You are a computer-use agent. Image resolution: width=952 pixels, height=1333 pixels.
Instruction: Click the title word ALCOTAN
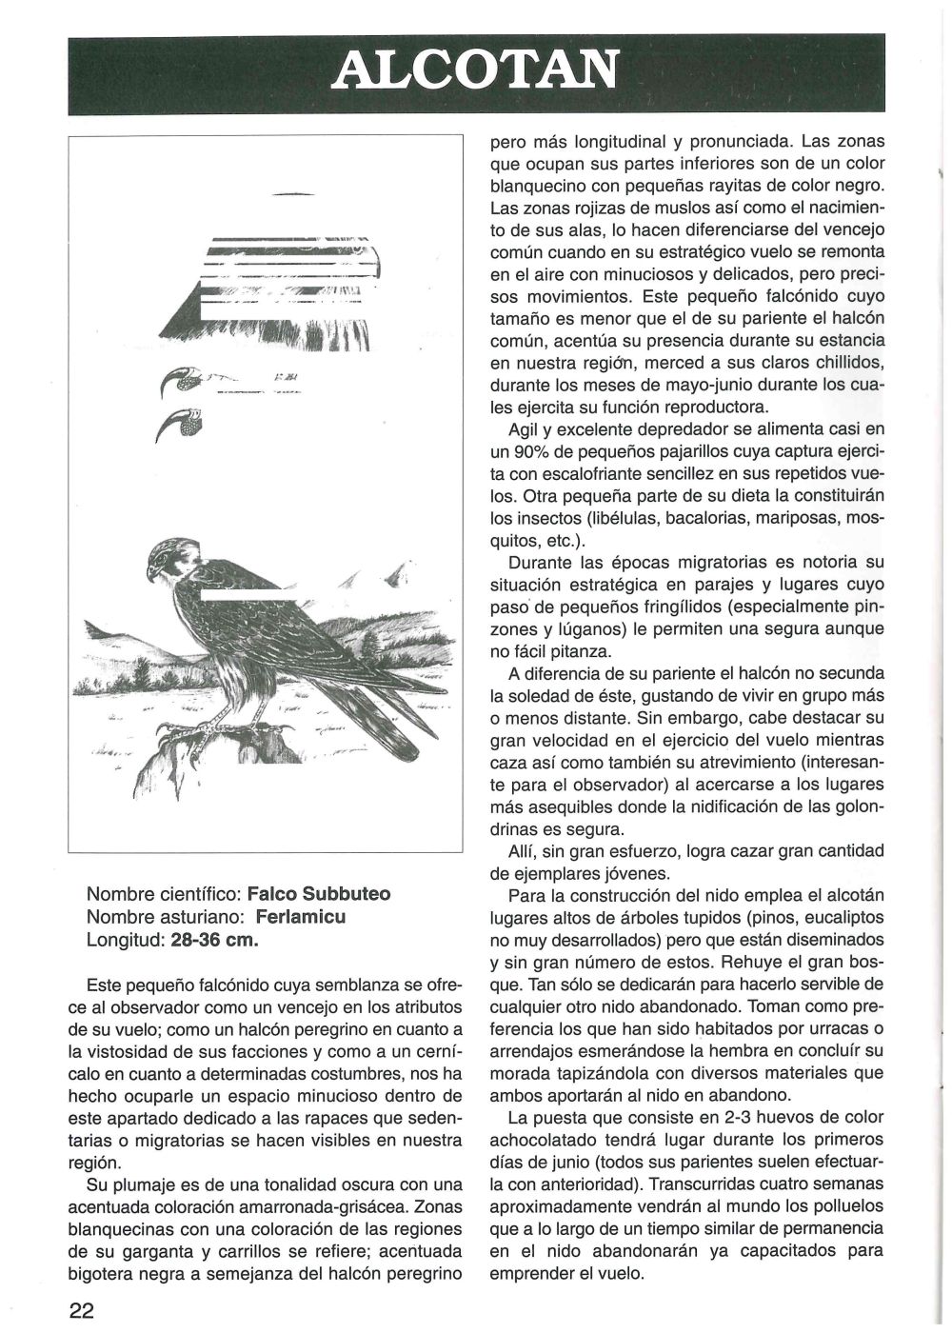(x=476, y=68)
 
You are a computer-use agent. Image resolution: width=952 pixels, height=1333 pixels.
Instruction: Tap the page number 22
(x=82, y=1309)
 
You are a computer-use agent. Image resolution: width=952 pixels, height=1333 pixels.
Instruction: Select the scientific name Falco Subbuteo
(x=319, y=894)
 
